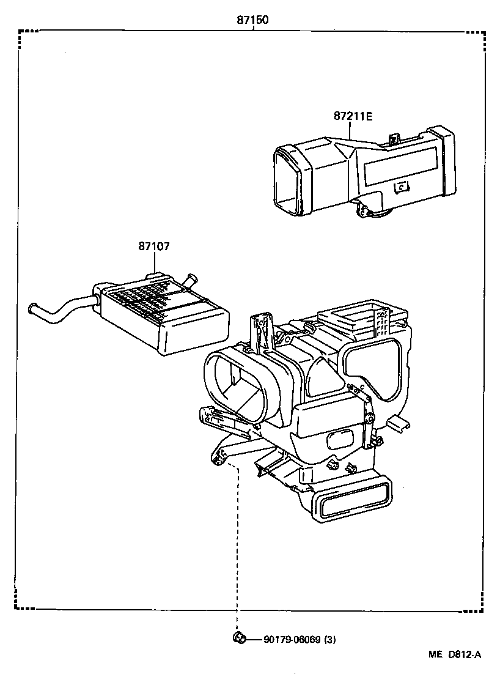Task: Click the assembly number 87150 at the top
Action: tap(253, 20)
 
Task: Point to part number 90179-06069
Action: tap(292, 640)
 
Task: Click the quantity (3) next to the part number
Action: tap(329, 640)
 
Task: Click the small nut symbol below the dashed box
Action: tap(238, 639)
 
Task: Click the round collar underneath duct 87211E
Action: tap(379, 214)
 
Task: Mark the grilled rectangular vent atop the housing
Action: tap(355, 317)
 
